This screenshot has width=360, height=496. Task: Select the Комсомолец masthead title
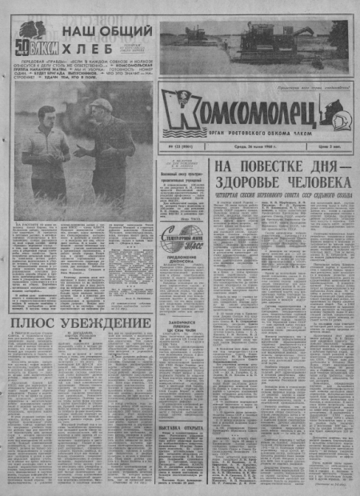click(240, 108)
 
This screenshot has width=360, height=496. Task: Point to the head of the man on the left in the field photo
click(46, 117)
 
